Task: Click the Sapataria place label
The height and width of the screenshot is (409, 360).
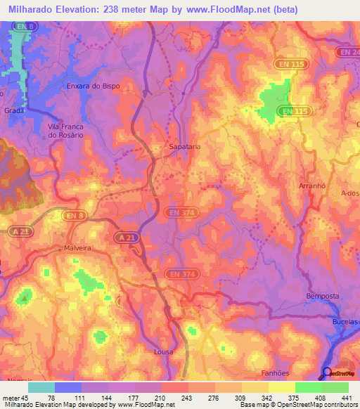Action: coord(186,147)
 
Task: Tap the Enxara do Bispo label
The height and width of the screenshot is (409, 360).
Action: coord(93,86)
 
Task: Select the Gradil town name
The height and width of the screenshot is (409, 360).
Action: coord(14,110)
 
